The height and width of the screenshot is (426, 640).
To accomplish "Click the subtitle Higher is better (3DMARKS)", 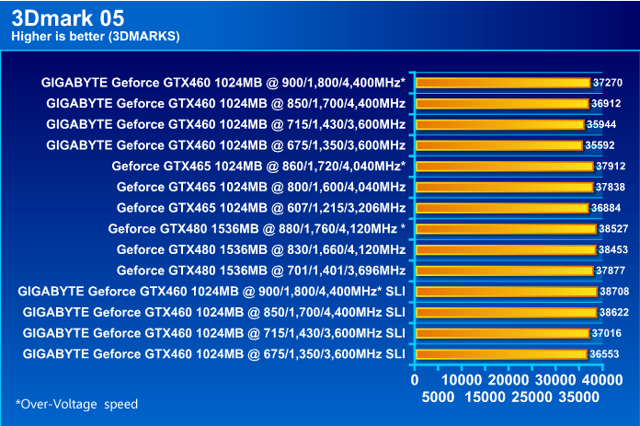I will click(x=96, y=36).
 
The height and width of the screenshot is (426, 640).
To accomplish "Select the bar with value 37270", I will click(x=502, y=82).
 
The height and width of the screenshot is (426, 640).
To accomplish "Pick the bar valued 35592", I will click(x=498, y=144).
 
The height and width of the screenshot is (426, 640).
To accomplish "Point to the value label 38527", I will click(x=613, y=228).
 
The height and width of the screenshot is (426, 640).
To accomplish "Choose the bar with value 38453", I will click(x=505, y=249).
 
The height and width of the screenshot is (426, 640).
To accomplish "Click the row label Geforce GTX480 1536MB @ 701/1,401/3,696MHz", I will click(x=261, y=271).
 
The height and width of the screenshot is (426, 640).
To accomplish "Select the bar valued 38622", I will click(x=506, y=312).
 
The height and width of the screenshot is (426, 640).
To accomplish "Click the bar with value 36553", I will click(x=500, y=354).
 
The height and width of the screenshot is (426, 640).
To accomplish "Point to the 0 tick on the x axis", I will click(x=415, y=380).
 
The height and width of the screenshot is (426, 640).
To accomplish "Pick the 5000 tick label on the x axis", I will click(x=438, y=397).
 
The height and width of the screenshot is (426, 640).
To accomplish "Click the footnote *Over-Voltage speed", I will click(x=76, y=404).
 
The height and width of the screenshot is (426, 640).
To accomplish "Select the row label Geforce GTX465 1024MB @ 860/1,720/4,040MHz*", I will click(x=258, y=167).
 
